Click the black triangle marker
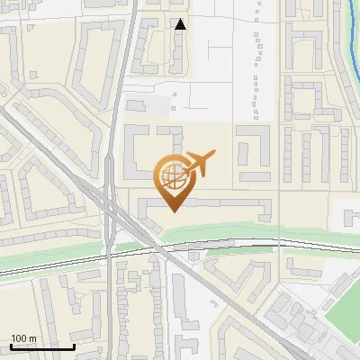click(180, 24)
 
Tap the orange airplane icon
click(199, 164)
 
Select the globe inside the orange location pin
click(174, 174)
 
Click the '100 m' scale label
click(23, 338)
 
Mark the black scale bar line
click(41, 346)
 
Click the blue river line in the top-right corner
click(353, 36)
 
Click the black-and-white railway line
click(234, 243)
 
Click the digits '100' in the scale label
click(19, 338)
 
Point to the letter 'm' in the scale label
click(32, 338)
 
